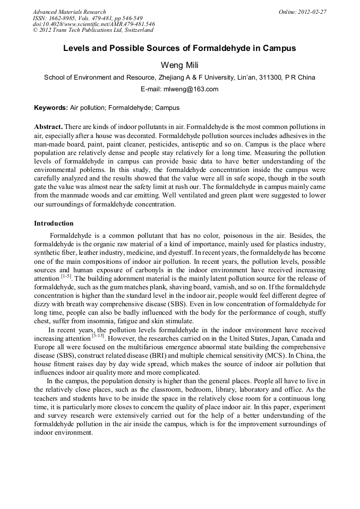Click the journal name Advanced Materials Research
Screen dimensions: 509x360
click(69, 12)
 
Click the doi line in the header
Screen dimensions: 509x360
click(93, 24)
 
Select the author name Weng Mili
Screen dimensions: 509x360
click(179, 65)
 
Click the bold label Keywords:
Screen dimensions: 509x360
click(51, 108)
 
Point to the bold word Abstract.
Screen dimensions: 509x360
click(48, 127)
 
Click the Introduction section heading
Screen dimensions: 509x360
click(54, 223)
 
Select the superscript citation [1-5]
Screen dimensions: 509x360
click(66, 277)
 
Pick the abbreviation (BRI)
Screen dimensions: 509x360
click(147, 355)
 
